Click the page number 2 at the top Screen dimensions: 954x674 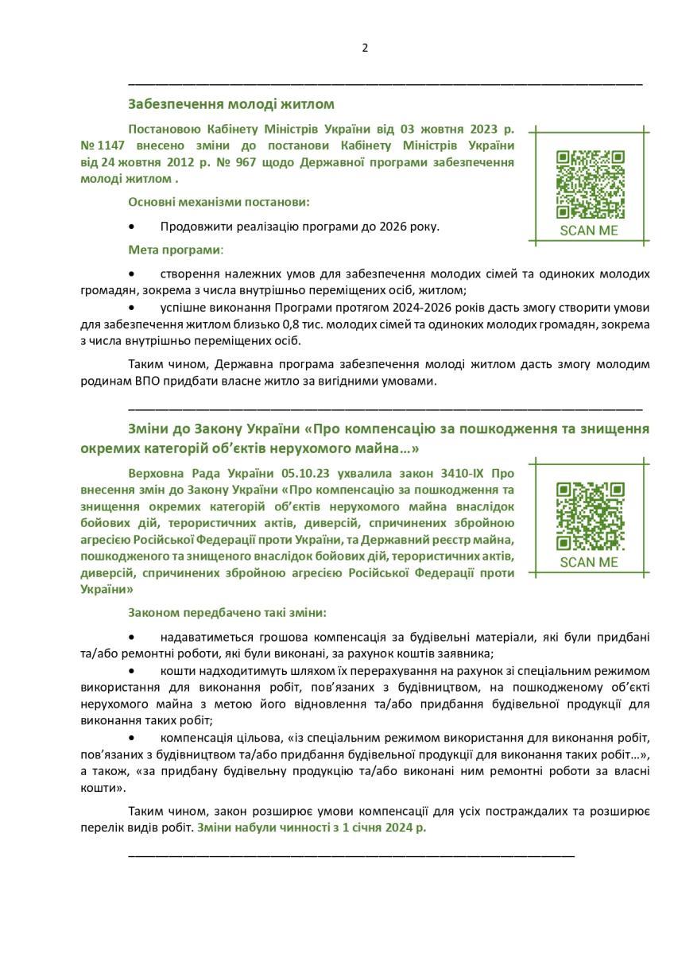(365, 48)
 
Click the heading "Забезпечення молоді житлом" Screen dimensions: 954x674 (230, 104)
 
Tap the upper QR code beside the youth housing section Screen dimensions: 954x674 (590, 184)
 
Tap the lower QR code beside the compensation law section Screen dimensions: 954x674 (590, 516)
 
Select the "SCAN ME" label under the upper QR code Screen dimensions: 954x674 (589, 231)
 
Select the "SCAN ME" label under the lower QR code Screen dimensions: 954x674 (589, 562)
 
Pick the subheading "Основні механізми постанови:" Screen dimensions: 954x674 (219, 202)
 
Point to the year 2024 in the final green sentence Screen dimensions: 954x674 (394, 828)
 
